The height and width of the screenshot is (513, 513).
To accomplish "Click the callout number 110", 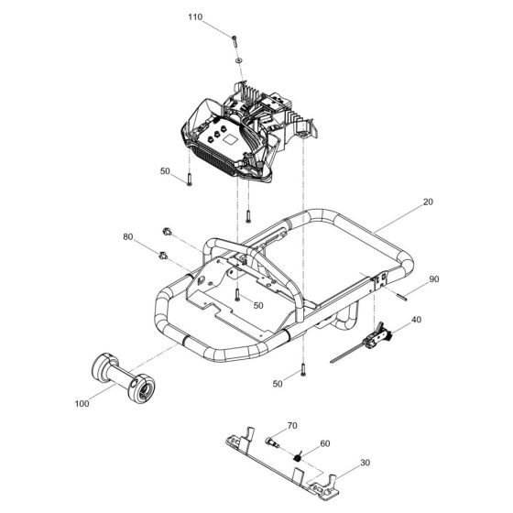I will (x=195, y=17).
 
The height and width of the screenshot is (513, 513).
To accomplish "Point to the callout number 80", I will (x=127, y=237).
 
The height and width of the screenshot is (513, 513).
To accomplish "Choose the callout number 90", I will (x=434, y=278).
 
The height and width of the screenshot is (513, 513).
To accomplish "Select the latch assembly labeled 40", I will (x=377, y=335).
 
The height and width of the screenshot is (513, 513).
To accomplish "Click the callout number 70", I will (x=293, y=425).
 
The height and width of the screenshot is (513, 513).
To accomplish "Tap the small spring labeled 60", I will (x=299, y=457).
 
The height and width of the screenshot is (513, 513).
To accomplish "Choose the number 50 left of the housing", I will (x=165, y=171).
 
